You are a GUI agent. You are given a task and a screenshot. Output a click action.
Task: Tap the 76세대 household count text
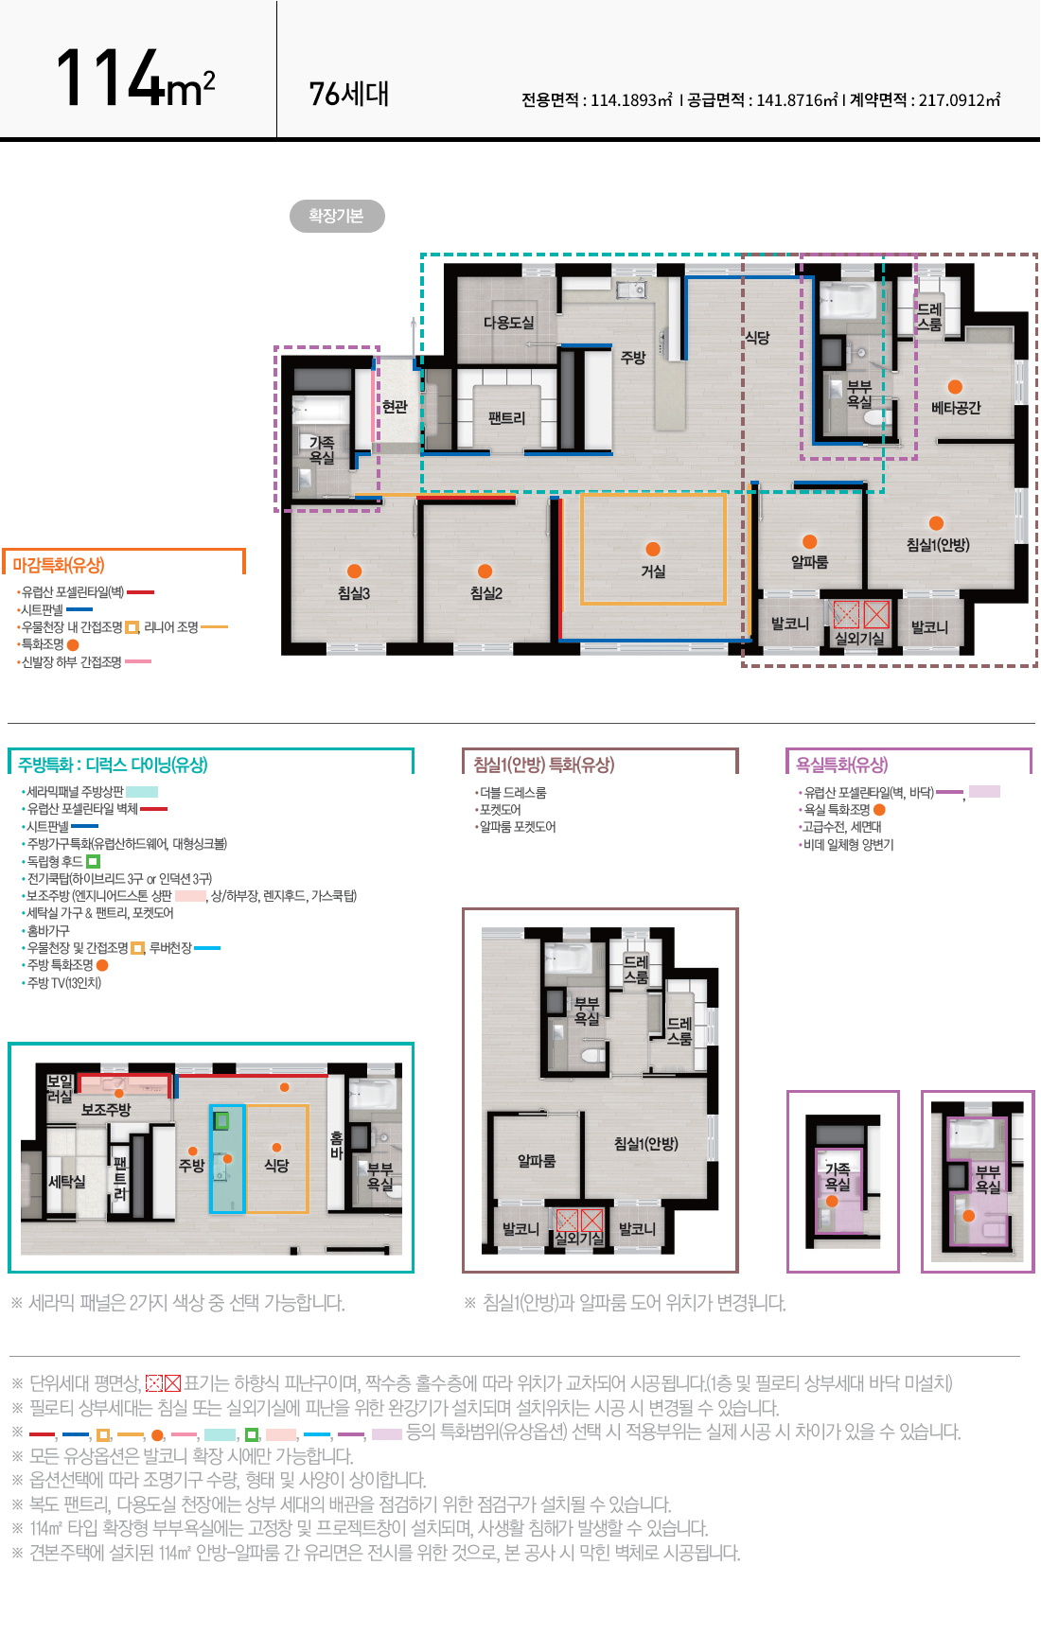click(349, 94)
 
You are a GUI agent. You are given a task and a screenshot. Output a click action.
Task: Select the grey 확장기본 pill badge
click(337, 216)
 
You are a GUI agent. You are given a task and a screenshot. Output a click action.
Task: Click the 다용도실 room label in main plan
click(508, 323)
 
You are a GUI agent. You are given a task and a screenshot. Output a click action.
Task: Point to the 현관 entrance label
click(395, 407)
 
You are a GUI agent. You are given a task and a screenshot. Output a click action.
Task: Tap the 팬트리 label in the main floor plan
click(506, 418)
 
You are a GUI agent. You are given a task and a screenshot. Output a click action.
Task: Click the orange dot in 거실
click(653, 549)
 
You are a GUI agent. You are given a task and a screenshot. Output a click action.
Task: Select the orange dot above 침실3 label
click(354, 571)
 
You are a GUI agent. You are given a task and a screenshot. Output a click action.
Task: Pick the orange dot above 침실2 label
click(485, 571)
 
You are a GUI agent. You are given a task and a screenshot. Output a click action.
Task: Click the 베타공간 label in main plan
click(956, 408)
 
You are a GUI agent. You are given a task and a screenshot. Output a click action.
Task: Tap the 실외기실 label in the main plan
click(859, 639)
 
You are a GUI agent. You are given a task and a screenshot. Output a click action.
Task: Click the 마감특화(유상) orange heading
click(59, 565)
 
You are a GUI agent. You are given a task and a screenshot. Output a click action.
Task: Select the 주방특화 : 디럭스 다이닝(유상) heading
click(113, 765)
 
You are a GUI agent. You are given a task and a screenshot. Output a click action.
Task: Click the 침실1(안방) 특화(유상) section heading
click(544, 765)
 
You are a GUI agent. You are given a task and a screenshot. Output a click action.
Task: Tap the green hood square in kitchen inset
click(221, 1121)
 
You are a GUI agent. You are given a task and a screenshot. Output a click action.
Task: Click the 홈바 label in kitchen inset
click(336, 1146)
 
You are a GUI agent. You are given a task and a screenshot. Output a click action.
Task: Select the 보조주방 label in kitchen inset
click(106, 1110)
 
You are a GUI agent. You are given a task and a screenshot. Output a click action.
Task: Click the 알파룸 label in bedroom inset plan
click(537, 1161)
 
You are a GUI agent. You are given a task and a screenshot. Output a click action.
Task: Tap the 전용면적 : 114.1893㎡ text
click(596, 99)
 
